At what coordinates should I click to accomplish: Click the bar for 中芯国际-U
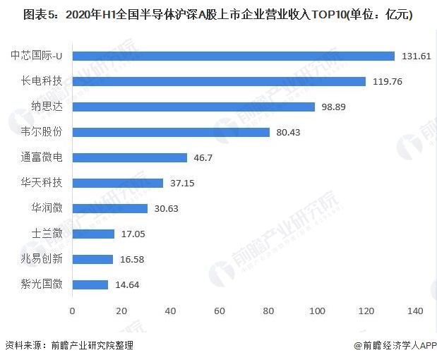[233, 56]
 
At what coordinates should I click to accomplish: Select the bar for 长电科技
[219, 81]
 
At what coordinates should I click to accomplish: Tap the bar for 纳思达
[193, 107]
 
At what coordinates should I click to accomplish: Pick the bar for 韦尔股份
[171, 132]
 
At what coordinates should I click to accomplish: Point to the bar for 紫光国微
[90, 284]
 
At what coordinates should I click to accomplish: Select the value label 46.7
[203, 157]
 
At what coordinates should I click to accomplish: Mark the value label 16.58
[132, 259]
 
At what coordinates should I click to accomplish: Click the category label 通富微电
[42, 157]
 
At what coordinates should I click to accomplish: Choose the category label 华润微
[47, 208]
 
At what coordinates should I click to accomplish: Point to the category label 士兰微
[47, 234]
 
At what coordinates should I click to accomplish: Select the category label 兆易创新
[42, 259]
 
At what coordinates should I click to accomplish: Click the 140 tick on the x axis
[415, 311]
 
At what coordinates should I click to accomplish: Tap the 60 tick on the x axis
[219, 311]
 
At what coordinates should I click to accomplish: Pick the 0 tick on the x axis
[72, 311]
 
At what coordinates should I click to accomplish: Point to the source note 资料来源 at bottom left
[68, 345]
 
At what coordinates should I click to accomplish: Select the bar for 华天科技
[117, 183]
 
